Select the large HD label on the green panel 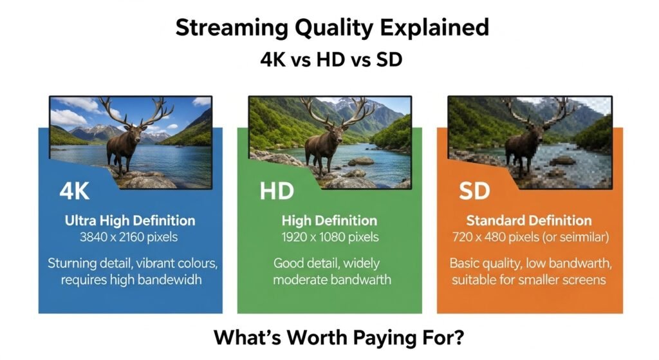(277, 192)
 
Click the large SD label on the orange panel (474, 192)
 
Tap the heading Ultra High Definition (130, 221)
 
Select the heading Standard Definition (529, 221)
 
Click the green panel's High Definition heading (329, 221)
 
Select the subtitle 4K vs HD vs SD (329, 60)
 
